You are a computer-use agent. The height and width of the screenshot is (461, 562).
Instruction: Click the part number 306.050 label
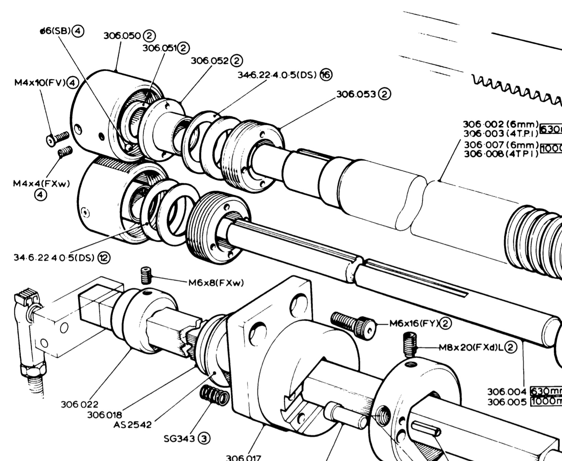(x=122, y=36)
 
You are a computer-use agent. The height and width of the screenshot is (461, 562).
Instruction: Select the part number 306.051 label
(x=160, y=48)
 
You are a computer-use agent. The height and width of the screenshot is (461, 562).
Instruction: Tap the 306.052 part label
(x=210, y=61)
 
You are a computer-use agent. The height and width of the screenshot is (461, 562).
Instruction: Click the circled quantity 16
(x=326, y=75)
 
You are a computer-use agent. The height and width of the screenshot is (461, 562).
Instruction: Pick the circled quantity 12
(x=104, y=257)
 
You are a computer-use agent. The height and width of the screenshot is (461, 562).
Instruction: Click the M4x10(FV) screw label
(x=40, y=83)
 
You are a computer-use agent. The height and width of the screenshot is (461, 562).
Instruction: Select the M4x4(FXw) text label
(x=41, y=184)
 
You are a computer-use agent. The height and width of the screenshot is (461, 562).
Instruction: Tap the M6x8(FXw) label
(x=216, y=283)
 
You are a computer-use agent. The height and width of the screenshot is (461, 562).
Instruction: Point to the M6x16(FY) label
(x=414, y=323)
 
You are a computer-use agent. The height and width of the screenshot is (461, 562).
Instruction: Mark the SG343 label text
(x=179, y=438)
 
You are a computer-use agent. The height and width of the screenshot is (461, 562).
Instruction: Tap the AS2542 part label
(x=132, y=425)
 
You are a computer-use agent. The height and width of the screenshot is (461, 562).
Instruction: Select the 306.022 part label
(x=80, y=405)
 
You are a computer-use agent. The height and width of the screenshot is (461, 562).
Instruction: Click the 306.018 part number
(x=105, y=415)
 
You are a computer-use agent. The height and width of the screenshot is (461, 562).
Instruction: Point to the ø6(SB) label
(x=55, y=31)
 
